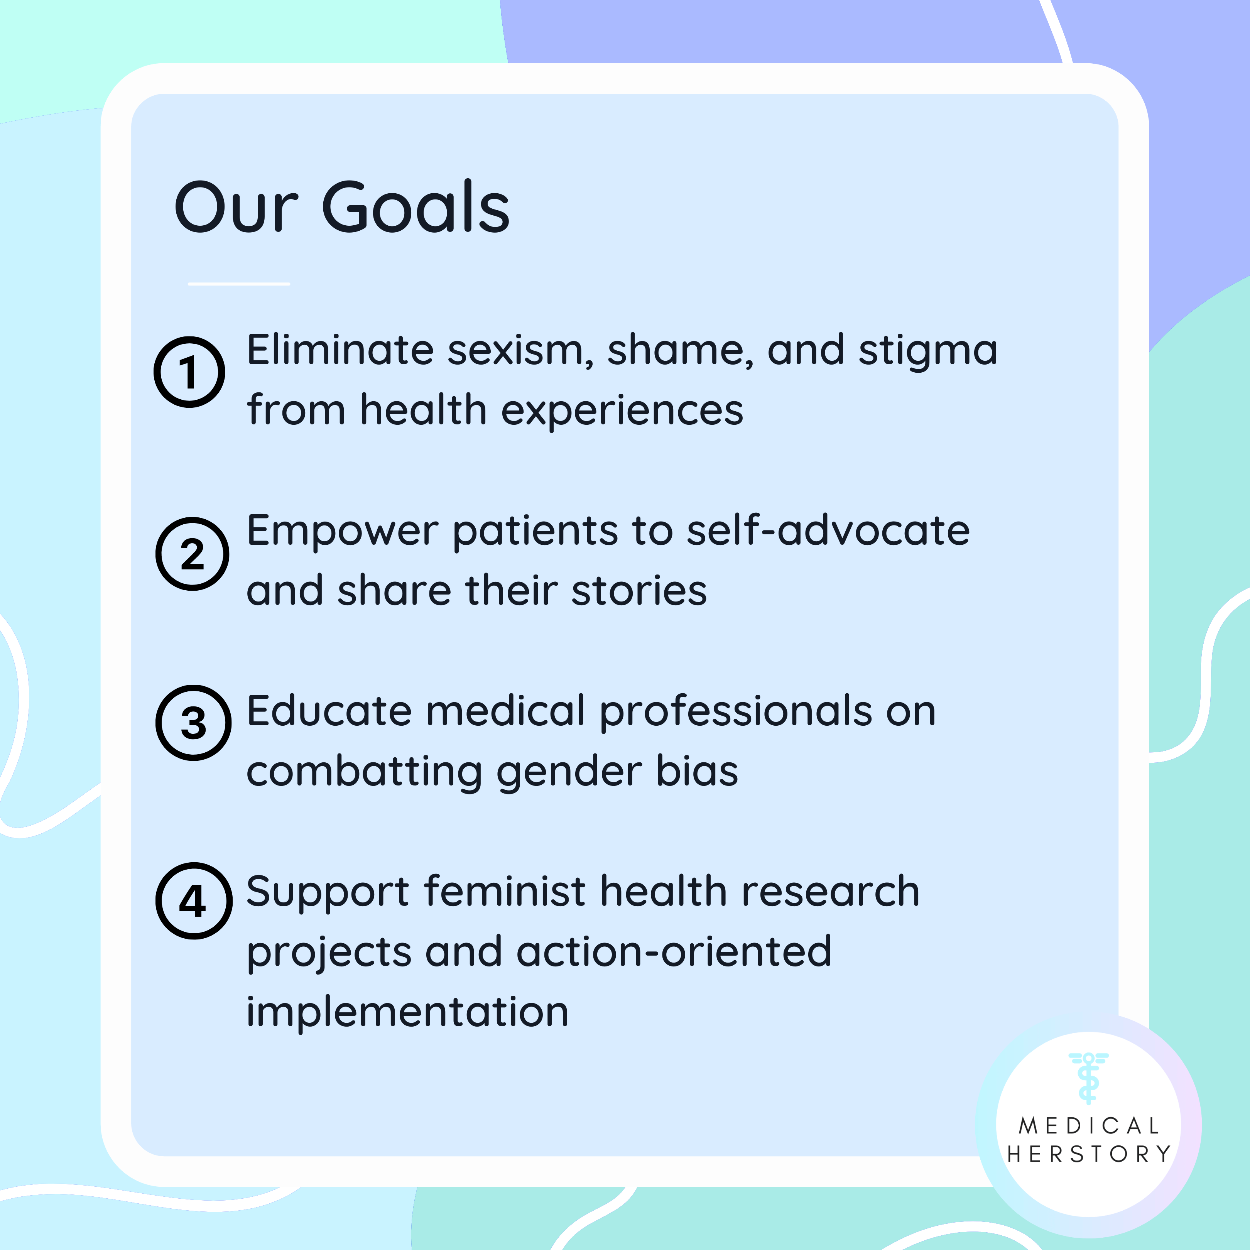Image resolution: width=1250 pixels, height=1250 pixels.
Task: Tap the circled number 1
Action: [189, 372]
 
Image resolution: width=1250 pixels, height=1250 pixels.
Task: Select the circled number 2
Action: [192, 554]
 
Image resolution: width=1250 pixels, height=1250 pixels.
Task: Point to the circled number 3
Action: [193, 723]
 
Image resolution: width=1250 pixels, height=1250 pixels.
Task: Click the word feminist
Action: [505, 891]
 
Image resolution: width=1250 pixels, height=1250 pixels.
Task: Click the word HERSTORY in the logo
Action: [1089, 1154]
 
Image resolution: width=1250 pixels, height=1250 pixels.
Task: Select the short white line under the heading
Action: [239, 284]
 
